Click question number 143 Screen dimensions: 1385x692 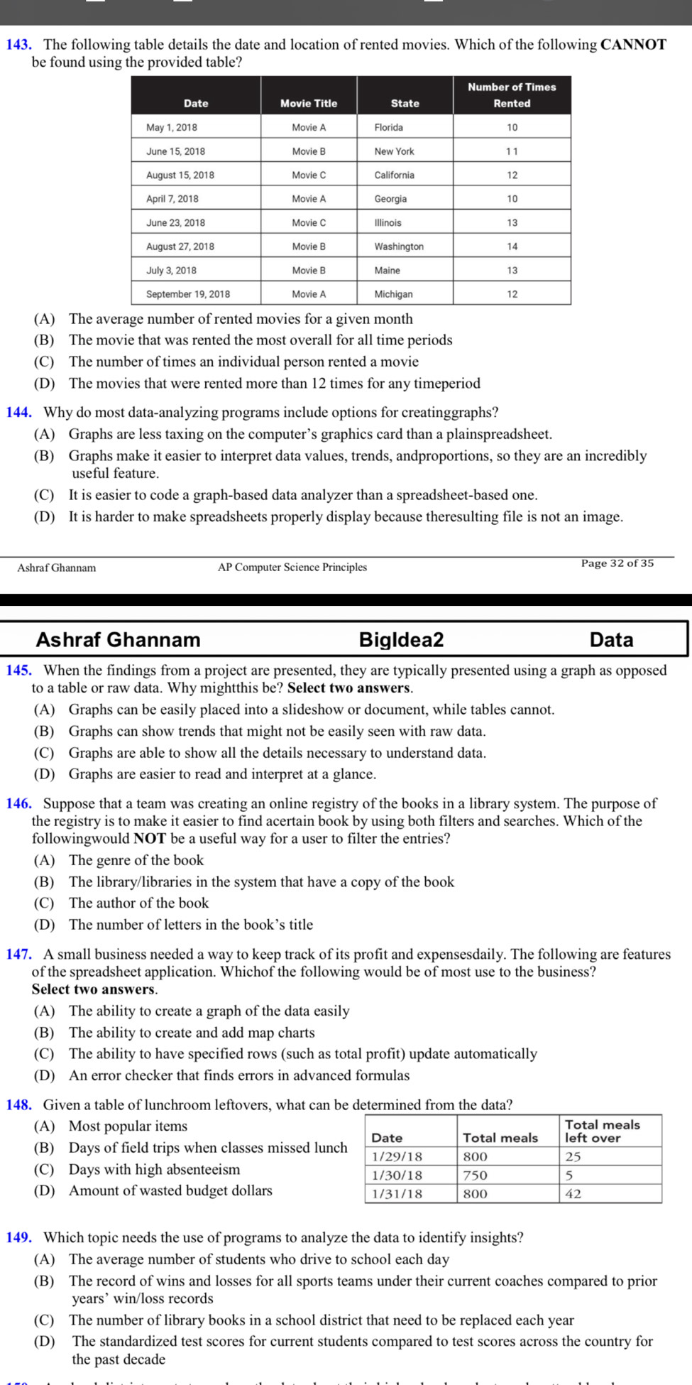18,45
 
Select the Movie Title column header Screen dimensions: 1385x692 309,103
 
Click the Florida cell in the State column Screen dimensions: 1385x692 389,127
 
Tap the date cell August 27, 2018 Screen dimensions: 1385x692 180,246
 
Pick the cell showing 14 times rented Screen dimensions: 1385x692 512,246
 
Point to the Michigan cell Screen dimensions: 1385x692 394,294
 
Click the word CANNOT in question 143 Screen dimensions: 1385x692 633,45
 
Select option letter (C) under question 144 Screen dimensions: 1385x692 44,495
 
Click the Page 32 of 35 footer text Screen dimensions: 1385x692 617,563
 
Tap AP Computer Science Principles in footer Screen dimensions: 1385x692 292,567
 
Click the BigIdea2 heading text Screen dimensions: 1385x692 401,639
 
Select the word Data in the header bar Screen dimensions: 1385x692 611,639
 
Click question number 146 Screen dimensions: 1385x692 18,803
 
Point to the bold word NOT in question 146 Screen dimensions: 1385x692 149,838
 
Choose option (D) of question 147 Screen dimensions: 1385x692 44,1075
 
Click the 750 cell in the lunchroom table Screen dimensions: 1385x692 476,1175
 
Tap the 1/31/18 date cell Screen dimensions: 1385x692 397,1194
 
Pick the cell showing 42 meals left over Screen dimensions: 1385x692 573,1194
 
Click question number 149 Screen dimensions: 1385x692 18,1238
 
